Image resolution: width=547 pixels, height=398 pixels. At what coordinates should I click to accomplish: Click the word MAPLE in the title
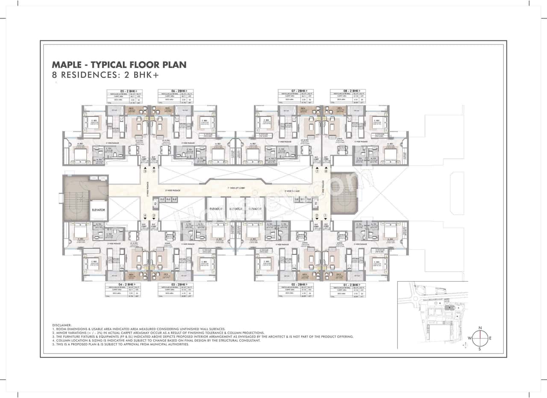pyautogui.click(x=68, y=65)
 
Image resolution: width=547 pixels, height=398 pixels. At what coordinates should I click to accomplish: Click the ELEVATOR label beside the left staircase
pyautogui.click(x=98, y=210)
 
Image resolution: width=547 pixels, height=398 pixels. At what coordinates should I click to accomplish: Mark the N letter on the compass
pyautogui.click(x=480, y=328)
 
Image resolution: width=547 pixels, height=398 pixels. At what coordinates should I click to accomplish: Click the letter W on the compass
pyautogui.click(x=469, y=338)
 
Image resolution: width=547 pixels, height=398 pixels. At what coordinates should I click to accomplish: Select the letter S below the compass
pyautogui.click(x=480, y=349)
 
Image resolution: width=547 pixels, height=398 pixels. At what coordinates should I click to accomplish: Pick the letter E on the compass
pyautogui.click(x=490, y=338)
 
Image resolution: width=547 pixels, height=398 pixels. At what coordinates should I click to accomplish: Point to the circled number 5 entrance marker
pyautogui.click(x=145, y=171)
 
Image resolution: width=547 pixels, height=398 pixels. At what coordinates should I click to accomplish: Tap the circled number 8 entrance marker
pyautogui.click(x=326, y=171)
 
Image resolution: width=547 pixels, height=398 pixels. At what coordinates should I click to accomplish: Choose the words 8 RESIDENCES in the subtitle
pyautogui.click(x=77, y=74)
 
